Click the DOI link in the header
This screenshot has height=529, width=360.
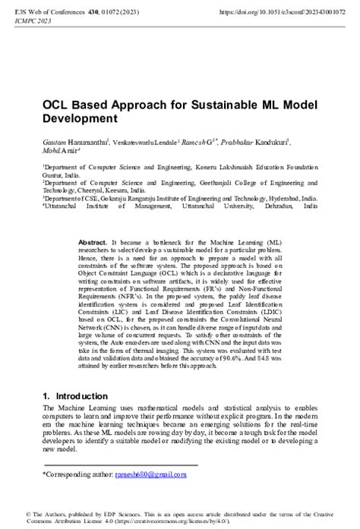(283, 13)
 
